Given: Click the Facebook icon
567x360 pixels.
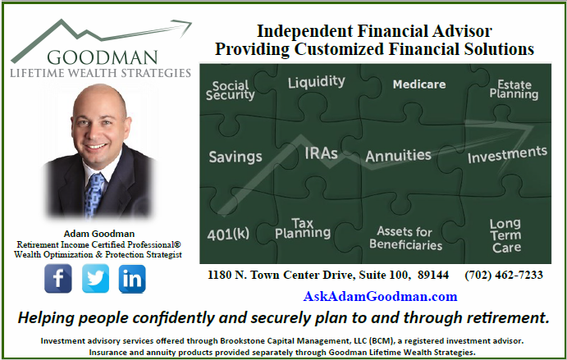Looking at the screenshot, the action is click(58, 278).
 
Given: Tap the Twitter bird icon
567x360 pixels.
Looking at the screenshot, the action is click(95, 278).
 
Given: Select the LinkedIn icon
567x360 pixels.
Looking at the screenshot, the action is click(132, 279).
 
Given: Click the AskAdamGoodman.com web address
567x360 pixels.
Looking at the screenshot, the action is click(380, 296).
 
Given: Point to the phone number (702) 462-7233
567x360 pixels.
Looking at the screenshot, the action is click(504, 275).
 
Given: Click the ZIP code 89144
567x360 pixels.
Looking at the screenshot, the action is click(433, 275).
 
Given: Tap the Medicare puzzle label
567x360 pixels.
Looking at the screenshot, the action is click(419, 84).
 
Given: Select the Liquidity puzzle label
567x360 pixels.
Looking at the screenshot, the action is click(317, 82).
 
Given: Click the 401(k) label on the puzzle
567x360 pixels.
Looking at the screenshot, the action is click(228, 234).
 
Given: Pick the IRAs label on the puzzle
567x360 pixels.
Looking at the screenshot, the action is click(321, 153).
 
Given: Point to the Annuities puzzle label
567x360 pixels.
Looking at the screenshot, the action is click(398, 156).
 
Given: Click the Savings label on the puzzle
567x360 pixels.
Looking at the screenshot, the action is click(235, 157).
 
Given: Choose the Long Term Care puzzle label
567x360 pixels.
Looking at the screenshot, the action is click(505, 235).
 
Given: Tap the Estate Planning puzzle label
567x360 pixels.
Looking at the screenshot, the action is click(514, 89).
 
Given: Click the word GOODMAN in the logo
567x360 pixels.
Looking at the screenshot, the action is click(103, 57).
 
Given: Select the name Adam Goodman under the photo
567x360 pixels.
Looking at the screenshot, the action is click(99, 234).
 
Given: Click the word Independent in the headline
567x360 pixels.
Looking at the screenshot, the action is click(305, 31).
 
